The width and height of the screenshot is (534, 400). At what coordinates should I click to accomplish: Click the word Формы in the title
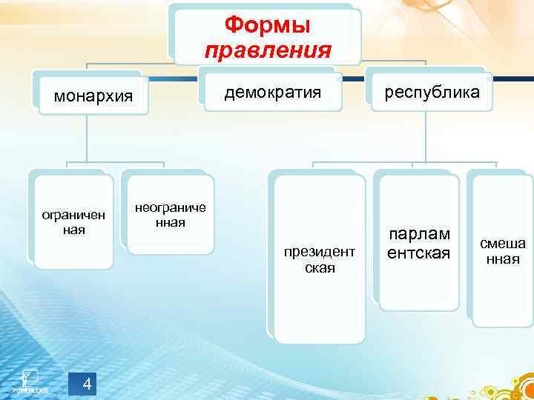(x=267, y=25)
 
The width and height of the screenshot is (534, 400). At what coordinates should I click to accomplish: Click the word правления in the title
(x=267, y=50)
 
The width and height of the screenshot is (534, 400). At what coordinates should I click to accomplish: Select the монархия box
(x=90, y=96)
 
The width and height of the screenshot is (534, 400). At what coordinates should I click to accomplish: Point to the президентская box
(x=320, y=259)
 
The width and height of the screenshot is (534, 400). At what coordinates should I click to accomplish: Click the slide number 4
(x=87, y=383)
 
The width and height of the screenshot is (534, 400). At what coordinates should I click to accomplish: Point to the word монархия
(x=90, y=96)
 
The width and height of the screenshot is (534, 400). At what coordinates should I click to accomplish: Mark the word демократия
(x=273, y=92)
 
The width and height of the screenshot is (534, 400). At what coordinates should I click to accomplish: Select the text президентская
(x=320, y=259)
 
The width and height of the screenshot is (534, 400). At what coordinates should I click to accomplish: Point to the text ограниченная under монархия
(x=73, y=222)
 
